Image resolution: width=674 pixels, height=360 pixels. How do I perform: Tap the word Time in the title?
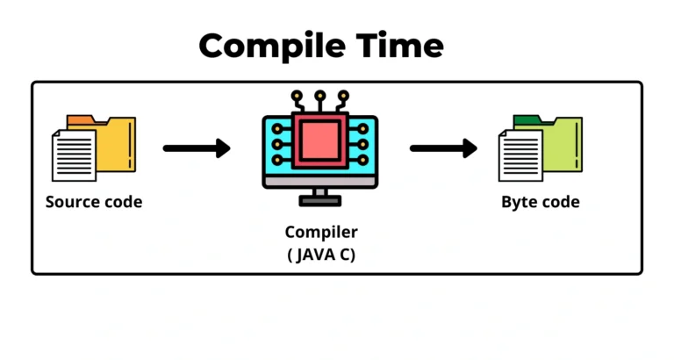395,45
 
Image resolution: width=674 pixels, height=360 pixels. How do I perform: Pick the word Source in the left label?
72,202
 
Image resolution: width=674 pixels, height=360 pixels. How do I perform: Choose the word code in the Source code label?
122,202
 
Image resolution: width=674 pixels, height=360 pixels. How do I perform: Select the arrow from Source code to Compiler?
197,148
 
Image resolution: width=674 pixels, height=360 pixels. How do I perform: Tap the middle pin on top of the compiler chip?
320,95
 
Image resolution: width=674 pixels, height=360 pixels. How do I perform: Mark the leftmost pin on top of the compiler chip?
299,95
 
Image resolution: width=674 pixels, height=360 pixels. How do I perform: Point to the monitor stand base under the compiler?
320,201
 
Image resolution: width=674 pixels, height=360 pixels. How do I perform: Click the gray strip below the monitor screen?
320,181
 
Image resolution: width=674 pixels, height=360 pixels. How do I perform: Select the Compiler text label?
321,233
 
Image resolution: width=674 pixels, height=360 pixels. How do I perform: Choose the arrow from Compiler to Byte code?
443,148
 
